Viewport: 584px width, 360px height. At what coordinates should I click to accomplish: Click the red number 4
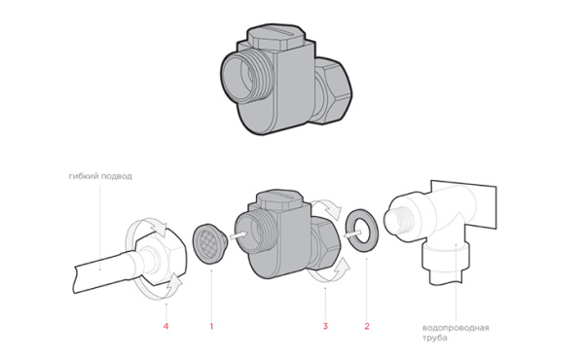[165, 327]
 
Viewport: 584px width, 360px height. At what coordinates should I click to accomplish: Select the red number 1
[211, 327]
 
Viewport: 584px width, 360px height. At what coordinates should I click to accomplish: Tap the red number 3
[325, 327]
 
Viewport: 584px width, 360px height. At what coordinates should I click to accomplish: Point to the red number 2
[367, 327]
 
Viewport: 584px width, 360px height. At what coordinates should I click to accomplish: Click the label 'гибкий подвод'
[100, 176]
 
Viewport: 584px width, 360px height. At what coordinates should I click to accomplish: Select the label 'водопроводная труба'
[456, 333]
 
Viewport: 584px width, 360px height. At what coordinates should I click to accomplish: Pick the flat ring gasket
[362, 231]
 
